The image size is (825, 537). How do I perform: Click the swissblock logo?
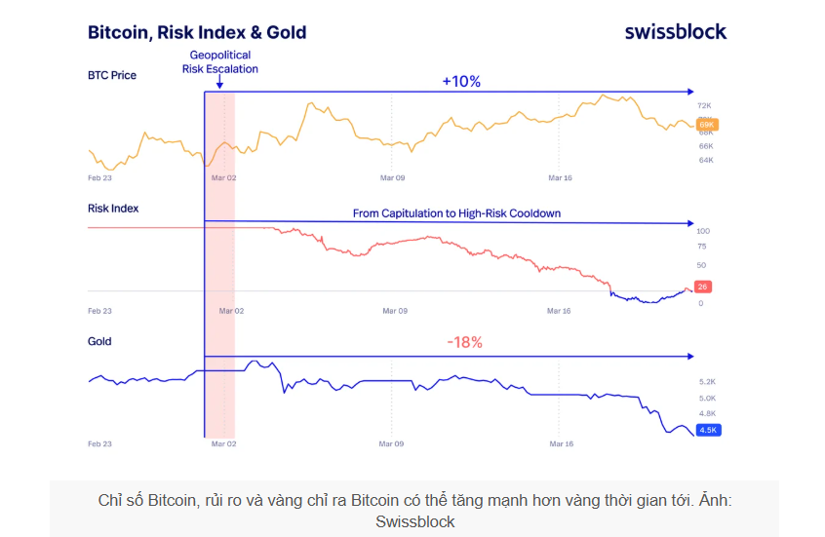click(675, 31)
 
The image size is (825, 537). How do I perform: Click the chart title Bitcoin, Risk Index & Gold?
click(197, 32)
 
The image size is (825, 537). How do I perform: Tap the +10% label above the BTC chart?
click(461, 82)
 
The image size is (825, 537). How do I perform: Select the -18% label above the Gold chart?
click(464, 342)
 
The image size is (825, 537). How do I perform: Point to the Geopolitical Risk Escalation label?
click(220, 62)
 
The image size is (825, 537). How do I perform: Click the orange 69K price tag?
click(707, 125)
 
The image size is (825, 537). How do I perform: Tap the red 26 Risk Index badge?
click(702, 287)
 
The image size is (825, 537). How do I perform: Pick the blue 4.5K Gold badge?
click(708, 430)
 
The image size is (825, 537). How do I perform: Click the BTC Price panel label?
click(112, 75)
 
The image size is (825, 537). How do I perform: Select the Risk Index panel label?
click(113, 208)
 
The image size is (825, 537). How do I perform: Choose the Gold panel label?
click(99, 341)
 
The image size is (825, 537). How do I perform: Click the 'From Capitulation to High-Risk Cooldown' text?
click(456, 212)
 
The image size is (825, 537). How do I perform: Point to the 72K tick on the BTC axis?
click(706, 104)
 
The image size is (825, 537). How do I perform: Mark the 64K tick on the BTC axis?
click(706, 159)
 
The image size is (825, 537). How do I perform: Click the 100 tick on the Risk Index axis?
click(702, 231)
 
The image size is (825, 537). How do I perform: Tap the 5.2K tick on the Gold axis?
click(708, 381)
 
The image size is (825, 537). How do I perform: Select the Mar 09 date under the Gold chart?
click(391, 443)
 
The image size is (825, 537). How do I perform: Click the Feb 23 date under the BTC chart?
click(99, 177)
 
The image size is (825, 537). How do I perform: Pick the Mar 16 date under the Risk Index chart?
click(560, 311)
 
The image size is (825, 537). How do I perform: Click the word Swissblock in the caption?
click(414, 521)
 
